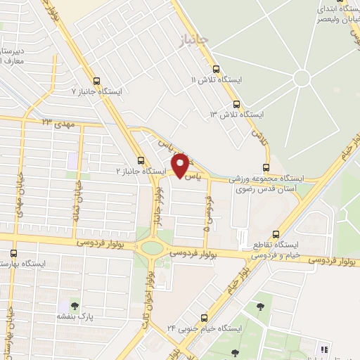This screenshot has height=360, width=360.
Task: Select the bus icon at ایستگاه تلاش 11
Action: (x=215, y=70)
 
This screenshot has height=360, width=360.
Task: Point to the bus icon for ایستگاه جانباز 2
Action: (x=141, y=160)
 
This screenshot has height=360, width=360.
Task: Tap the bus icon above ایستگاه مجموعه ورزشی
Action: (x=265, y=167)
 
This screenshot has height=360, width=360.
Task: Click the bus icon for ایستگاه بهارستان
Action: (x=14, y=253)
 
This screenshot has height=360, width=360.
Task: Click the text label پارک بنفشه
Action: (x=75, y=317)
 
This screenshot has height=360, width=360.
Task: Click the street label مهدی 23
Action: (x=57, y=123)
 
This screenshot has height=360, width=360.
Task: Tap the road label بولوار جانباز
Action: (x=160, y=207)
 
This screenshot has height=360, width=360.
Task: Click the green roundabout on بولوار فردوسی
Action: (x=150, y=247)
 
